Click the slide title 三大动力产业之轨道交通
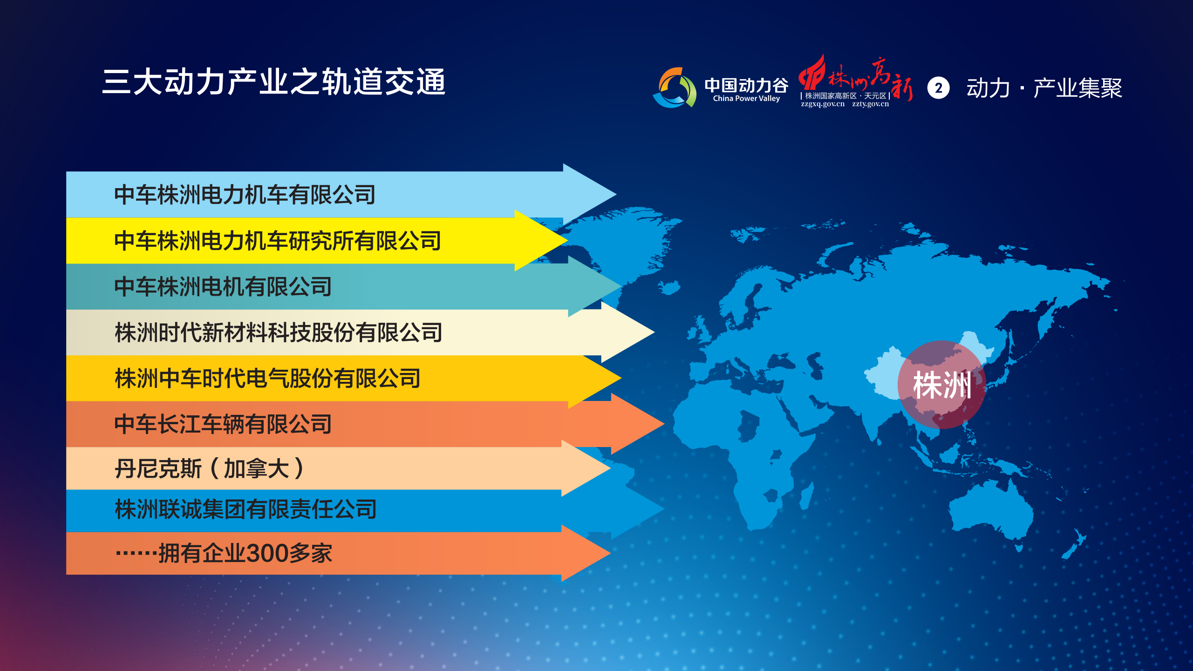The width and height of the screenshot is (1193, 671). click(x=274, y=82)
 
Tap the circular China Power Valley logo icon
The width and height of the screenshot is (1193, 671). click(x=675, y=88)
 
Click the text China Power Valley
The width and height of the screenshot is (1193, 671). click(x=746, y=99)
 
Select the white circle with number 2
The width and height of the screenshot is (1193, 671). click(x=938, y=88)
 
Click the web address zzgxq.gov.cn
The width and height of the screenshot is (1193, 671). click(x=823, y=104)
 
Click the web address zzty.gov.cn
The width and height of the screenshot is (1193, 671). click(x=871, y=104)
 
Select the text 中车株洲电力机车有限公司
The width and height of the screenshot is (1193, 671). click(x=245, y=195)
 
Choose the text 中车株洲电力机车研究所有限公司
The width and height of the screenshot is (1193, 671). click(x=278, y=241)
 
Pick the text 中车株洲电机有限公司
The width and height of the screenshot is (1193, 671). click(x=223, y=286)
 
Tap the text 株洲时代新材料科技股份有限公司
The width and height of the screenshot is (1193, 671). click(x=279, y=332)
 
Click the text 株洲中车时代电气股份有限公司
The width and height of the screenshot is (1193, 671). click(x=268, y=378)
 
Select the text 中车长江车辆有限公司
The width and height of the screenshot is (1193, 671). click(x=223, y=424)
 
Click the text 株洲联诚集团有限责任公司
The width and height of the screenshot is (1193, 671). click(x=245, y=509)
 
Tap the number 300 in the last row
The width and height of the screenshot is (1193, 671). click(x=267, y=554)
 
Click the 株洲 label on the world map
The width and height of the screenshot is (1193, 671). click(x=942, y=386)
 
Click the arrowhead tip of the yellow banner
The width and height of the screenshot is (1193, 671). click(x=567, y=240)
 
